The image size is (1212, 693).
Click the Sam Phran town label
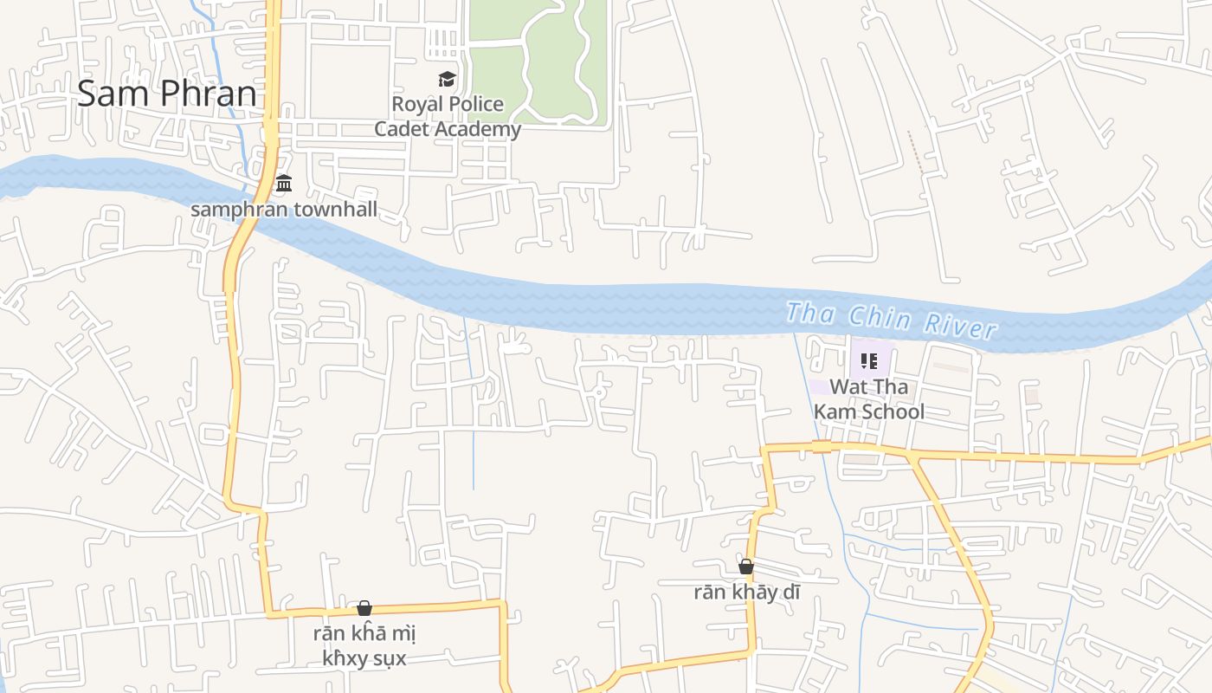(167, 94)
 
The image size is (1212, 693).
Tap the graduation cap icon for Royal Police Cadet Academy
(447, 80)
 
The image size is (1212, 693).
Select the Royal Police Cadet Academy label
(448, 116)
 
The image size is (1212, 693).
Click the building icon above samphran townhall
(284, 184)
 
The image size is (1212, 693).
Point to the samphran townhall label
(284, 210)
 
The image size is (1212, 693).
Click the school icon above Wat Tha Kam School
(868, 361)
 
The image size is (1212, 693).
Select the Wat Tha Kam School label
(869, 399)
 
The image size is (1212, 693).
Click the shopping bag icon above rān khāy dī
(746, 567)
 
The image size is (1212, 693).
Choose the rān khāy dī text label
(747, 593)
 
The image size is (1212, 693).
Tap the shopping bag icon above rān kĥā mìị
(364, 608)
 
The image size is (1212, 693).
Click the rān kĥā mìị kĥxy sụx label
(364, 646)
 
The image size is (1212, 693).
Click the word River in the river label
(960, 326)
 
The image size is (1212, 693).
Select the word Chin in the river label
(880, 318)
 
